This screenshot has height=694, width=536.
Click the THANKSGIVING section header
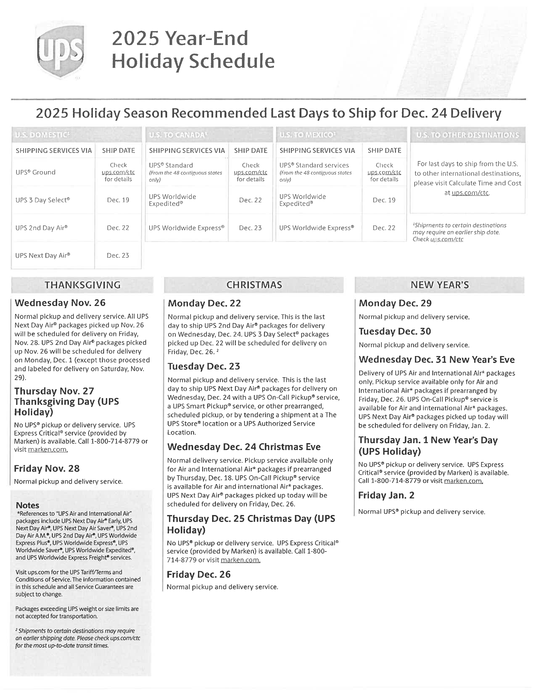point(83,285)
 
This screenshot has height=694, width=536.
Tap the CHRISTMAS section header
point(254,285)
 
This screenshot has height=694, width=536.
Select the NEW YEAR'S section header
point(440,285)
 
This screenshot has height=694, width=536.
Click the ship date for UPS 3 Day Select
point(118,200)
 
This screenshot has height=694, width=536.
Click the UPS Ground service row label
point(36,172)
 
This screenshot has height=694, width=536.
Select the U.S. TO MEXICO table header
point(307,135)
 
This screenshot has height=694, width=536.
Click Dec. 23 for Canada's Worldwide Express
point(250,228)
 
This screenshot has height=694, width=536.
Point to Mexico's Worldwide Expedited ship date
point(384,200)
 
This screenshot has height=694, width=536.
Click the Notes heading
point(28,505)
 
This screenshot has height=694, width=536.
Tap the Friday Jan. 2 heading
point(386,495)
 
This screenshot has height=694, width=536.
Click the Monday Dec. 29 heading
point(395,303)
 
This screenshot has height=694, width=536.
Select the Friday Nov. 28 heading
point(47,468)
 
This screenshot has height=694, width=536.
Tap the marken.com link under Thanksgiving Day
point(48,450)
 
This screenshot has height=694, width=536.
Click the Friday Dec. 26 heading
point(198,574)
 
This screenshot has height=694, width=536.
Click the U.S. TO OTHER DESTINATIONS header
point(467,135)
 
